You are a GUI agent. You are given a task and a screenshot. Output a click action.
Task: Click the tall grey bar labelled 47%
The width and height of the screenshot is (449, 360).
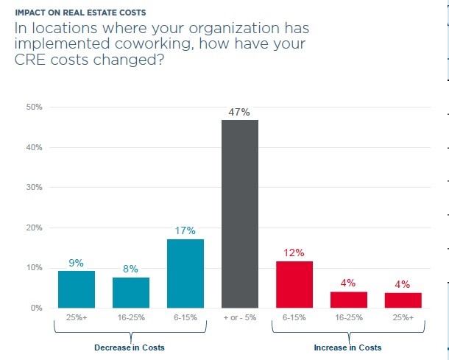(x=240, y=213)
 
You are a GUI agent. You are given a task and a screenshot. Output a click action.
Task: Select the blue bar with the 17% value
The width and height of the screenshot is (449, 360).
(x=185, y=273)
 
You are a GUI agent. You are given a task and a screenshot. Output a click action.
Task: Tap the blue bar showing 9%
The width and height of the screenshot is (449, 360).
(x=77, y=289)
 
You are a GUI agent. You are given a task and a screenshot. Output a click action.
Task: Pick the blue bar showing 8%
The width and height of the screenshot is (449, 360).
(x=131, y=292)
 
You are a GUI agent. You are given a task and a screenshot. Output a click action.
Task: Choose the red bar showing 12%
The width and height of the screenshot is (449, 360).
(x=294, y=284)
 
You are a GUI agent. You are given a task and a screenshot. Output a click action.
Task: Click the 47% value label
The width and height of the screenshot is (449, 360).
(x=240, y=113)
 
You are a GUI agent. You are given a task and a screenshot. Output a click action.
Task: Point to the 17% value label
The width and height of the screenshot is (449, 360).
(x=185, y=231)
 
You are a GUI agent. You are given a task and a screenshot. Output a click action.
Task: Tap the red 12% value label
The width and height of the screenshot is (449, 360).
(x=294, y=253)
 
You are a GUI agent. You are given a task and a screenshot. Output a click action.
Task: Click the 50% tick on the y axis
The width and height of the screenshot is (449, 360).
(x=35, y=107)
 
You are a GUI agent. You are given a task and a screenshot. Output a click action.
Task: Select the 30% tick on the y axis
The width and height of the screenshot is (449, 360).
(x=35, y=188)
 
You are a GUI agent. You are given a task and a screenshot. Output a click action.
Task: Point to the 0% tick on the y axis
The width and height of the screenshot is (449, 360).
(x=37, y=308)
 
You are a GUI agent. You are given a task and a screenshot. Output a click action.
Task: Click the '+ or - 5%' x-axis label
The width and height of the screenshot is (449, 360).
(x=240, y=318)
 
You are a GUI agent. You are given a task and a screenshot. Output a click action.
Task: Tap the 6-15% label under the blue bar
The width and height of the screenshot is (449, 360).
(x=185, y=318)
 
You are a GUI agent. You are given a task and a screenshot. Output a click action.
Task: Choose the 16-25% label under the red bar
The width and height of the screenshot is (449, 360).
(x=349, y=318)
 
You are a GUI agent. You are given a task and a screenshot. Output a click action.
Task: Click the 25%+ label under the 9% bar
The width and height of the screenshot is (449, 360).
(x=77, y=318)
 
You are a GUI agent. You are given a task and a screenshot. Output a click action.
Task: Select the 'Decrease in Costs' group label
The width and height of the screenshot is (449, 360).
(x=130, y=347)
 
